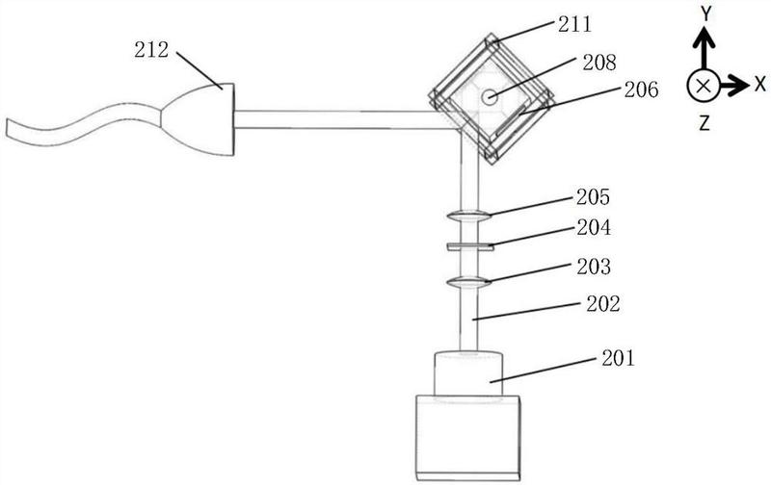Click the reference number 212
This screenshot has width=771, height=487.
click(x=151, y=50)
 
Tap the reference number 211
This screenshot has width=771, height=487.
click(x=574, y=24)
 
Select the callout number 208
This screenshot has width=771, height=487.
click(x=599, y=63)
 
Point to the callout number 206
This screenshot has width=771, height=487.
click(x=641, y=90)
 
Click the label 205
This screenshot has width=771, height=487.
click(x=593, y=197)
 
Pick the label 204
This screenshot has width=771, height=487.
click(x=594, y=227)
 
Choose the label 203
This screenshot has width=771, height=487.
click(x=594, y=267)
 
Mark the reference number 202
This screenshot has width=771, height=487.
click(x=603, y=304)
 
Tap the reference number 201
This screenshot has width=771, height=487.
click(x=619, y=358)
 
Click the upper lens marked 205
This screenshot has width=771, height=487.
click(x=468, y=216)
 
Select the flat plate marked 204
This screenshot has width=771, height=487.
click(x=470, y=246)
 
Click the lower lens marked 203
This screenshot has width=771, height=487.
click(x=468, y=282)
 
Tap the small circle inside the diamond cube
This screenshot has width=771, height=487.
click(x=489, y=97)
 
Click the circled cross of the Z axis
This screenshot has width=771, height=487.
click(x=704, y=86)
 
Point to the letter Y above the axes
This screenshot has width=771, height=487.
click(x=706, y=14)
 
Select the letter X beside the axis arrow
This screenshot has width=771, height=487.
click(x=760, y=84)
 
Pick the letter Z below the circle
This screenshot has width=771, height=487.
click(x=705, y=123)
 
